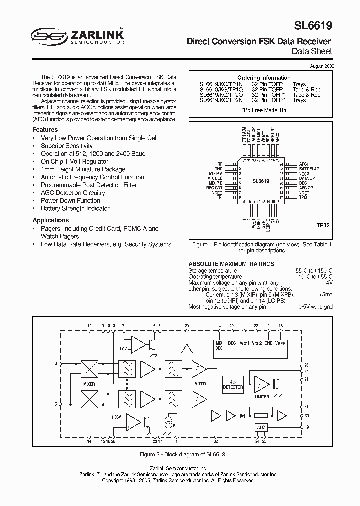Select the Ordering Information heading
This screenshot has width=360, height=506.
(263, 78)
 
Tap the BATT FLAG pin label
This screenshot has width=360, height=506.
(309, 169)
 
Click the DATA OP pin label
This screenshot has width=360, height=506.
(307, 178)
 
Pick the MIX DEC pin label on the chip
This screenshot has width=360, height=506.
(215, 178)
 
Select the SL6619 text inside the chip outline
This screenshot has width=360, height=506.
(261, 182)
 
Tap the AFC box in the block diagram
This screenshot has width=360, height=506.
(260, 427)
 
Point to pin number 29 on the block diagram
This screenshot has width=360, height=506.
(187, 326)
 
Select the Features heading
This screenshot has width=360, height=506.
(45, 130)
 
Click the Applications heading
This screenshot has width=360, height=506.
(51, 220)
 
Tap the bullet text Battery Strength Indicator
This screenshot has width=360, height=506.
(75, 208)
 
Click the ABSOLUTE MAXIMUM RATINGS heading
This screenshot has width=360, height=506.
(231, 264)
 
